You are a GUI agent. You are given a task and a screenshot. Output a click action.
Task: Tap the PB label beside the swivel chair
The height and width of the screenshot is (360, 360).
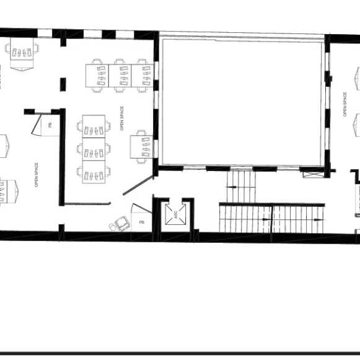[x=141, y=222]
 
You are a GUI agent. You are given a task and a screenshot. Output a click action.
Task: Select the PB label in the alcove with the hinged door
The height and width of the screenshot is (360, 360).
[x=50, y=125]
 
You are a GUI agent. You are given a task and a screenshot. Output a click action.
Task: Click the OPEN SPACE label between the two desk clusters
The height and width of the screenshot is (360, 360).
[x=122, y=118]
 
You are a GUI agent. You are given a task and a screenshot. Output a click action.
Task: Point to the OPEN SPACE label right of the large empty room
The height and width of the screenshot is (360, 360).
[x=345, y=105]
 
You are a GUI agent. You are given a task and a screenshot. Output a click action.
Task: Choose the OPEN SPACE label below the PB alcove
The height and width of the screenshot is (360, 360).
[x=37, y=174]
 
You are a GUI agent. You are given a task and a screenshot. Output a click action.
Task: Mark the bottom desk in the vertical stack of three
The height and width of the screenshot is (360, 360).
[x=94, y=172]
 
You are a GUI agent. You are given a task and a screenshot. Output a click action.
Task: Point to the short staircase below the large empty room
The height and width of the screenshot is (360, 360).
[x=240, y=187]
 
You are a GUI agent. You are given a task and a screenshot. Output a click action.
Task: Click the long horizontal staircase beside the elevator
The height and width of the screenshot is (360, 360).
[x=271, y=219]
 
